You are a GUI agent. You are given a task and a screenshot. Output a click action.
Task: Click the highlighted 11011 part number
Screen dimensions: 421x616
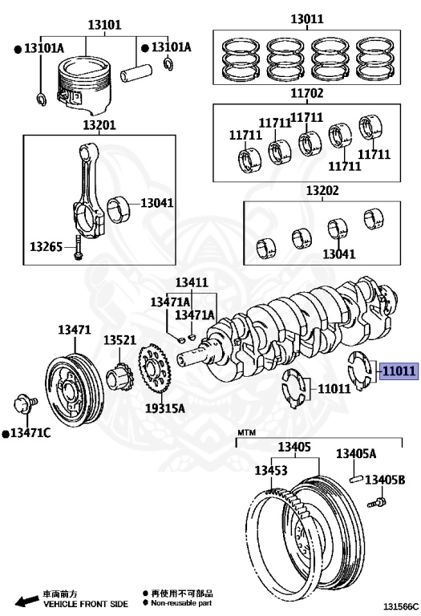pyautogui.click(x=399, y=371)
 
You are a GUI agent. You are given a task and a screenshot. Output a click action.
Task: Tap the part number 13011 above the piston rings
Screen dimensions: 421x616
pyautogui.click(x=306, y=19)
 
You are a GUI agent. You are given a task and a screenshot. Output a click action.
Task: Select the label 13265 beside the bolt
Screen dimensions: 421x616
pyautogui.click(x=46, y=247)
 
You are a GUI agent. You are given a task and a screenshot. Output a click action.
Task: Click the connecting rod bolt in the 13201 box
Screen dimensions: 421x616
pyautogui.click(x=78, y=248)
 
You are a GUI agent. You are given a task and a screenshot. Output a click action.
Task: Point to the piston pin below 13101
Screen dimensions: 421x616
pyautogui.click(x=136, y=73)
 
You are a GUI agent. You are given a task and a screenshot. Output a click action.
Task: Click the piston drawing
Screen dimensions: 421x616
pyautogui.click(x=83, y=84)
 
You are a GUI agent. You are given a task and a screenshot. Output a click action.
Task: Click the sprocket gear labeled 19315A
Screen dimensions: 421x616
pyautogui.click(x=153, y=367)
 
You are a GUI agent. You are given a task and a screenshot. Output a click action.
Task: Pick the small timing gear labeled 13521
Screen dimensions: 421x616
pyautogui.click(x=117, y=377)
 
